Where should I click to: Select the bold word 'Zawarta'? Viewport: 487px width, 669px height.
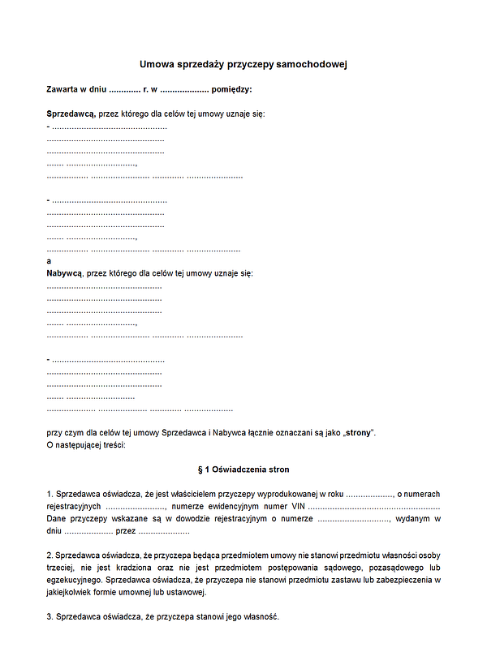(64, 88)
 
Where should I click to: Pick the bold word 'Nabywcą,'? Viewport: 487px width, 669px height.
(65, 273)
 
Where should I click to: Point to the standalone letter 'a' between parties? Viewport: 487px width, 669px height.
(50, 261)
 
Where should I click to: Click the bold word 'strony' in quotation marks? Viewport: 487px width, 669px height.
(358, 432)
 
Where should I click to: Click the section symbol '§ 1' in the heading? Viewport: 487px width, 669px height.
(204, 470)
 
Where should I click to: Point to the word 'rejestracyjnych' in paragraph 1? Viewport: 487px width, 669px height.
(74, 505)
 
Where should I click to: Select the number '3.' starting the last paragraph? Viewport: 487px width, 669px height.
(50, 617)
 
